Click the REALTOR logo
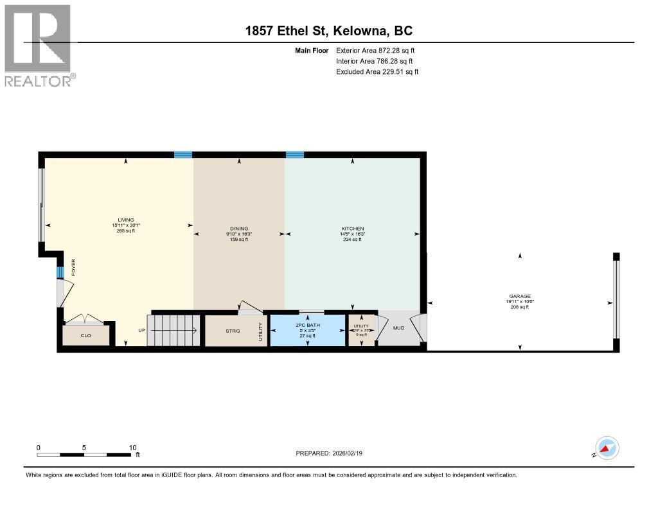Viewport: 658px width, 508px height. pos(39,45)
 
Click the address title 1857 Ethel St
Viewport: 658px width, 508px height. pos(329,31)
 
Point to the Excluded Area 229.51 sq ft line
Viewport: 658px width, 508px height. pos(377,72)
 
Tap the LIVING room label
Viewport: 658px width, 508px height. pos(125,220)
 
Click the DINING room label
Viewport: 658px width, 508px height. pos(239,229)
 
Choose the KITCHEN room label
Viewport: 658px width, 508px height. pos(352,229)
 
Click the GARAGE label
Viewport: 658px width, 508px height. pos(520,297)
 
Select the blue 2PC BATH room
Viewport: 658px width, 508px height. pos(307,330)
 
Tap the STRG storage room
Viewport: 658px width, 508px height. pos(232,331)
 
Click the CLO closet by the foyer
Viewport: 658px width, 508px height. pos(85,335)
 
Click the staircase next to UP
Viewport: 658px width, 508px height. pos(174,330)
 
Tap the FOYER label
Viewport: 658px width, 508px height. pos(73,266)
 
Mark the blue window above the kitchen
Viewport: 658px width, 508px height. pos(295,154)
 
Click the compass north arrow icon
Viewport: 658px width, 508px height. pos(607,448)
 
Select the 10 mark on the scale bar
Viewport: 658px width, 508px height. pos(132,448)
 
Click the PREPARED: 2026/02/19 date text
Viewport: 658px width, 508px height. pos(333,453)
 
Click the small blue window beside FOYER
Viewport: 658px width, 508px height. pos(60,272)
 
